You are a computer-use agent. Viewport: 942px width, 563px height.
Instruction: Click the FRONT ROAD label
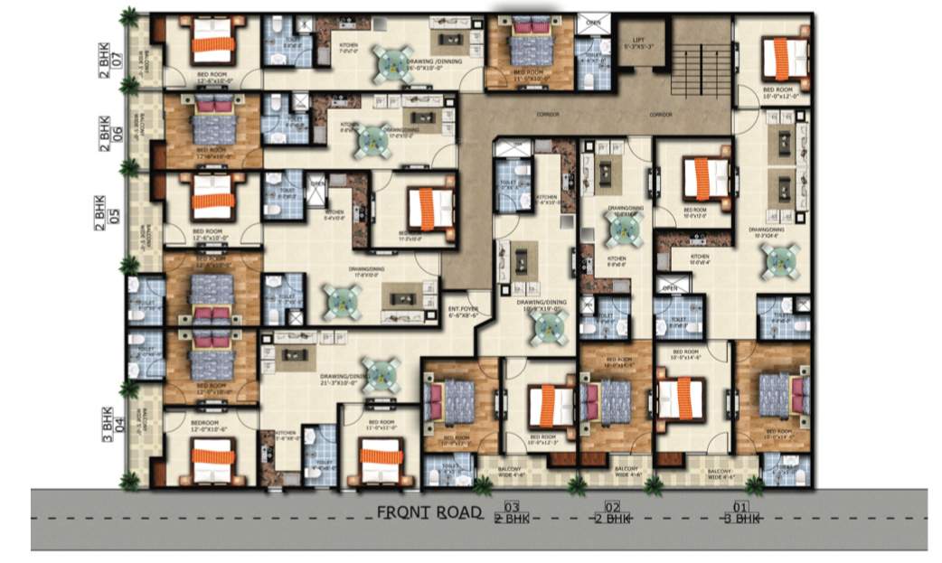pyautogui.click(x=429, y=512)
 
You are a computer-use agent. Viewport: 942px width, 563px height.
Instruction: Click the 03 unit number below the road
pyautogui.click(x=512, y=507)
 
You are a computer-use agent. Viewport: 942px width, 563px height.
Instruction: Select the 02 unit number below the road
pyautogui.click(x=612, y=507)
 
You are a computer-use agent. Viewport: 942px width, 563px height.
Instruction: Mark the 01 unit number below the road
pyautogui.click(x=741, y=507)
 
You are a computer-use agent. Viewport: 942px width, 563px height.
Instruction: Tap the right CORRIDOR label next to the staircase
pyautogui.click(x=662, y=116)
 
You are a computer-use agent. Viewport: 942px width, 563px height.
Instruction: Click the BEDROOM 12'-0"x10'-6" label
pyautogui.click(x=210, y=425)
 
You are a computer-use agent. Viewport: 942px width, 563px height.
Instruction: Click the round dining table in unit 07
pyautogui.click(x=394, y=62)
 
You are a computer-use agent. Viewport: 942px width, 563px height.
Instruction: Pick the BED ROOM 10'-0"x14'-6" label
pyautogui.click(x=686, y=354)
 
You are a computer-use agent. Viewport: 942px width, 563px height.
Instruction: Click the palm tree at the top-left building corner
pyautogui.click(x=131, y=16)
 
